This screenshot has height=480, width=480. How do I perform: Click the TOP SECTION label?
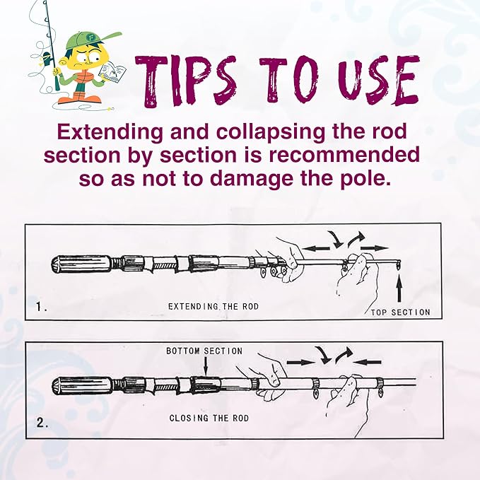pyautogui.click(x=400, y=312)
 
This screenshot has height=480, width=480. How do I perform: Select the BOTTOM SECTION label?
pyautogui.click(x=204, y=351)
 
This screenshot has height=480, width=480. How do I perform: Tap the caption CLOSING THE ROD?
pyautogui.click(x=209, y=418)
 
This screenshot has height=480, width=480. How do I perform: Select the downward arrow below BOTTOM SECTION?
pyautogui.click(x=205, y=366)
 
